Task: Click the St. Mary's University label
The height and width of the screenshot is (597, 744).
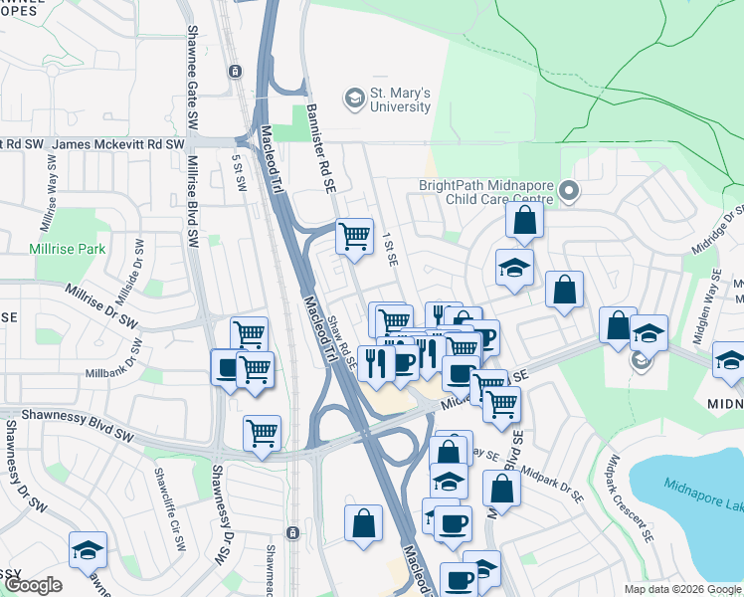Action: click(400, 99)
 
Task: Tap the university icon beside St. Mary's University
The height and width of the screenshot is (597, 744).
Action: click(352, 99)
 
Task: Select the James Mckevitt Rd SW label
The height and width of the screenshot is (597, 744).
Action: click(118, 144)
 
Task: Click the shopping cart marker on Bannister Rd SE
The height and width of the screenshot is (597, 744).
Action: click(354, 237)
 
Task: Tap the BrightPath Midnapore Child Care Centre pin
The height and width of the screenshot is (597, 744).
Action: click(568, 189)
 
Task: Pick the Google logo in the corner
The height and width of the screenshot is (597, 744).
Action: click(32, 585)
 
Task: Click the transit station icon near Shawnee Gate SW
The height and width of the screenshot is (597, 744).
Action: click(235, 71)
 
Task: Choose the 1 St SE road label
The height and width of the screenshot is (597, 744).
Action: click(390, 248)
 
